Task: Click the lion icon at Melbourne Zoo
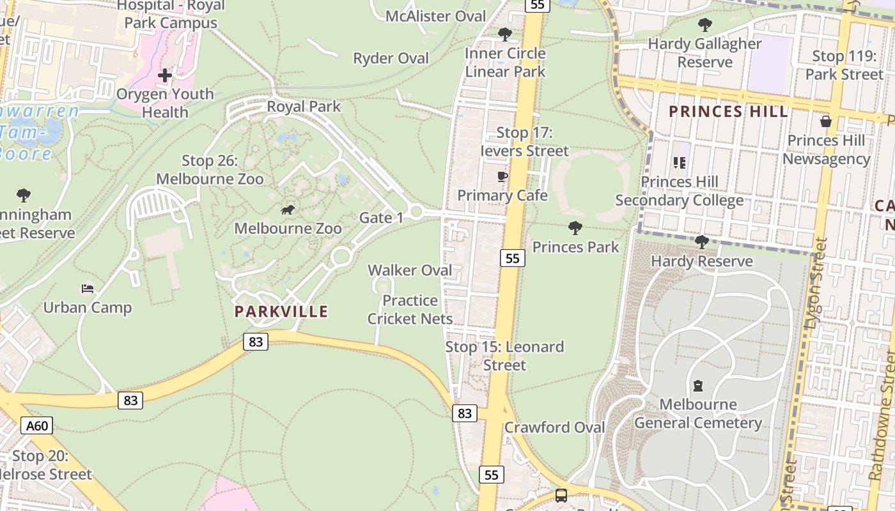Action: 288,210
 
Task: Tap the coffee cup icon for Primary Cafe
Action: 502,176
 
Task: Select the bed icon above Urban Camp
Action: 88,289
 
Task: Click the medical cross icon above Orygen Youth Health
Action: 165,75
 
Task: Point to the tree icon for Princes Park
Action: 575,227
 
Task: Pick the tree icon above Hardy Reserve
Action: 701,242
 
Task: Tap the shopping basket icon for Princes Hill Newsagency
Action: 826,121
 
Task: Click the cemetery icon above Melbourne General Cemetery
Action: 697,386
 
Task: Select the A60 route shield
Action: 36,425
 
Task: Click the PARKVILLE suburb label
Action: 281,312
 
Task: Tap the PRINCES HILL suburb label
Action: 728,112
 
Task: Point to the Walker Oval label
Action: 410,270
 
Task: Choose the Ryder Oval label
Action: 391,59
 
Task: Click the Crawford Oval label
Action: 555,427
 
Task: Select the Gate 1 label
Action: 381,218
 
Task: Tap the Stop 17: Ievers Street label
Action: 524,142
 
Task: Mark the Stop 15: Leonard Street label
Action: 504,356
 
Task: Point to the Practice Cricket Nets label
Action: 410,310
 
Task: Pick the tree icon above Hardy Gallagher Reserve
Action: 705,25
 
